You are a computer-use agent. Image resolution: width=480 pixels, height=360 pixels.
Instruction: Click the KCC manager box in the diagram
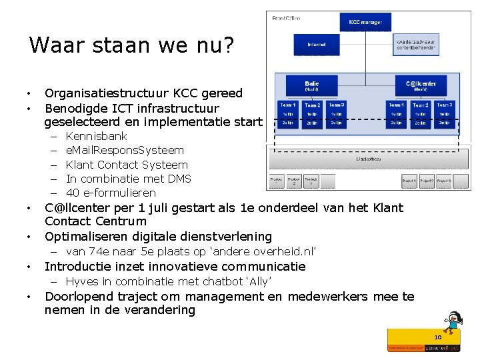tap(365, 23)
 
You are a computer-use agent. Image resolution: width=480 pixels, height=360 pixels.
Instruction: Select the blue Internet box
tap(317, 45)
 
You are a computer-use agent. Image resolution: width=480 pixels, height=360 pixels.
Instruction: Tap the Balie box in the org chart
tap(311, 85)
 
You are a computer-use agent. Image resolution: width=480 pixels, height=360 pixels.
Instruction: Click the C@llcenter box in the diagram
tap(421, 85)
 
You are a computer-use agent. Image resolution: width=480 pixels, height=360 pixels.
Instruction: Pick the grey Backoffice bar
tap(363, 160)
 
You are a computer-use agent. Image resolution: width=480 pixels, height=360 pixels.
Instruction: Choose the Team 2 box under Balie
tap(312, 105)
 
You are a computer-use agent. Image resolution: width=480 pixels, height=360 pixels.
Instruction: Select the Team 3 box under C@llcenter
tap(445, 105)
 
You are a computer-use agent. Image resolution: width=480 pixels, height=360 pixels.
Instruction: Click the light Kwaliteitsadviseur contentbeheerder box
tap(416, 45)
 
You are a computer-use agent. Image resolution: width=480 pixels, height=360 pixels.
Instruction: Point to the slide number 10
tap(438, 337)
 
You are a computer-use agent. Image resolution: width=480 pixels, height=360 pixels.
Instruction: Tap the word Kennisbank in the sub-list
tap(97, 136)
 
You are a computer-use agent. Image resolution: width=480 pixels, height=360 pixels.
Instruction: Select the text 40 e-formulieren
tap(111, 193)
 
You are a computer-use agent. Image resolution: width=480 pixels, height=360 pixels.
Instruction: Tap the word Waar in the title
tap(53, 45)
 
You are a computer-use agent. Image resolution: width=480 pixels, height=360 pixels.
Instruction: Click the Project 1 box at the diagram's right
tap(409, 181)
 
